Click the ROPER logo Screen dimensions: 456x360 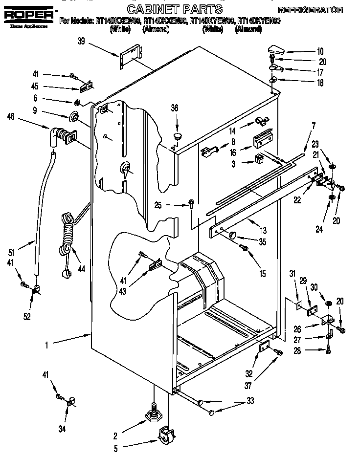click(x=28, y=16)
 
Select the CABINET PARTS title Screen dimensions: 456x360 click(x=174, y=9)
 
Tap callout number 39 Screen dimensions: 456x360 click(x=81, y=42)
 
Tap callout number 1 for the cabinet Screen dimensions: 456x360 click(x=47, y=345)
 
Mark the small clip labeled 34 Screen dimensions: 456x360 click(x=69, y=402)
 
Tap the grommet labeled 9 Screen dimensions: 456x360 click(x=75, y=117)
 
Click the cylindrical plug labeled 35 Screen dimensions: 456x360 click(x=232, y=235)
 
